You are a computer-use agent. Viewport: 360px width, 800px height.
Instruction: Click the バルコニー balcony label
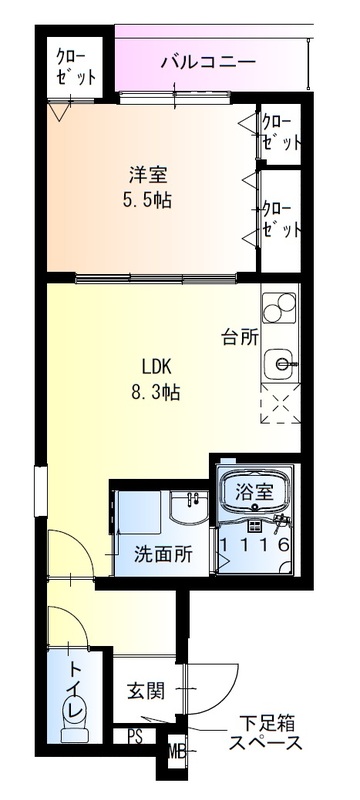point(209,63)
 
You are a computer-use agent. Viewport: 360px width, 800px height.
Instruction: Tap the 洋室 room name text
point(147,177)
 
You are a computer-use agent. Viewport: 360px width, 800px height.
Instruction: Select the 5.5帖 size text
point(147,201)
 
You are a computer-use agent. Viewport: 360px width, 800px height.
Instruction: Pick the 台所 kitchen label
point(240,338)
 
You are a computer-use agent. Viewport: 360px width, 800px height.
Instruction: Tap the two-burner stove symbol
point(279,308)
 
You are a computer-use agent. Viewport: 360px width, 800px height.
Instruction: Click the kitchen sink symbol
point(280,364)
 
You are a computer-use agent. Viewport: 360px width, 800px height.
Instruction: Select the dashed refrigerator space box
point(280,403)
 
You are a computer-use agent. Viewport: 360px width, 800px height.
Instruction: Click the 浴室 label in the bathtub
point(254,492)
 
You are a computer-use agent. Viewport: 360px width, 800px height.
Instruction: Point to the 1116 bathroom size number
point(255,544)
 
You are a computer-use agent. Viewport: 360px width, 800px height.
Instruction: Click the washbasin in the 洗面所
point(189,507)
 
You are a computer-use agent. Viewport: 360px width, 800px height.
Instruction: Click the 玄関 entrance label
point(145,691)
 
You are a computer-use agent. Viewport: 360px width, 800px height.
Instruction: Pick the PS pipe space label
point(135,736)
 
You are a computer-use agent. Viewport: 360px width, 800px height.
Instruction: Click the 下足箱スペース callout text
point(266,733)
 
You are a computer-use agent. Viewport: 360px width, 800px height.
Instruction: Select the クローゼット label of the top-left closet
point(75,68)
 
